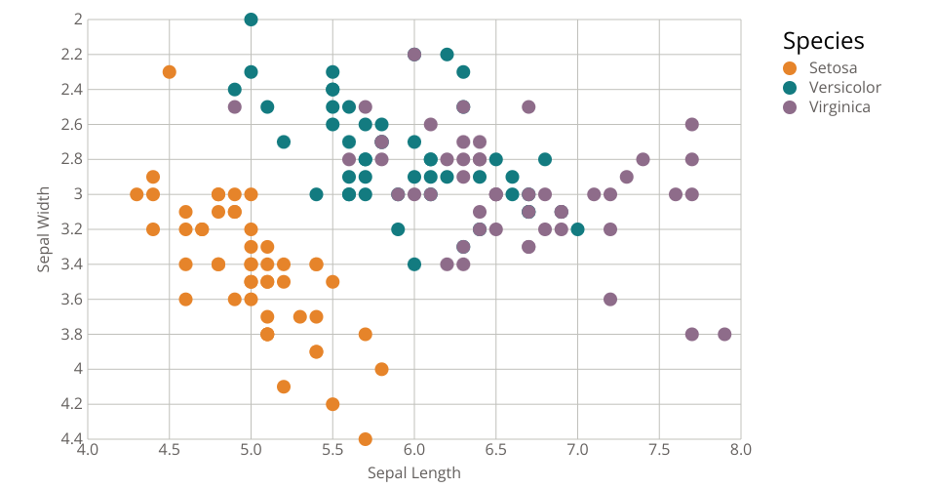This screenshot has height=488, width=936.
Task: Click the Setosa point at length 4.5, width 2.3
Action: [170, 71]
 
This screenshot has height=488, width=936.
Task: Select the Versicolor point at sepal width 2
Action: [251, 20]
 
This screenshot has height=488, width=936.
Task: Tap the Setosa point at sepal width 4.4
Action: [366, 439]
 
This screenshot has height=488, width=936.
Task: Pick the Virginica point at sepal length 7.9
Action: [724, 334]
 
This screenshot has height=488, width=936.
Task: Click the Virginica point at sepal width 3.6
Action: [610, 299]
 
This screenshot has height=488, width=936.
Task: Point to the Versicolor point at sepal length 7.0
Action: [577, 229]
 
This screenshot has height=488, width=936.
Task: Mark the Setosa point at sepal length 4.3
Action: [136, 194]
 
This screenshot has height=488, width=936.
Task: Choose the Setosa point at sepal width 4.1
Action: [284, 386]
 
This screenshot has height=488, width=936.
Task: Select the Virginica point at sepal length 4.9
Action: [235, 106]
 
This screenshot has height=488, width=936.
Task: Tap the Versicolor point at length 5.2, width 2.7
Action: [284, 142]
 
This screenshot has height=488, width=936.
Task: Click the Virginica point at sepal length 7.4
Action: [643, 159]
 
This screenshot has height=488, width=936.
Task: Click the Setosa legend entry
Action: [833, 67]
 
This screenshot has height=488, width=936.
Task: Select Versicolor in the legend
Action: [844, 87]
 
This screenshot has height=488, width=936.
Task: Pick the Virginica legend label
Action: [839, 106]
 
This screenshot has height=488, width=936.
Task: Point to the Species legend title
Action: [824, 41]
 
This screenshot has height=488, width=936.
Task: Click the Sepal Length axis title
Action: [413, 473]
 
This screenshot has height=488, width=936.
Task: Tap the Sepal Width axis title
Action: [44, 228]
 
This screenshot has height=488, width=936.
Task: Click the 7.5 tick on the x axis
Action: [659, 450]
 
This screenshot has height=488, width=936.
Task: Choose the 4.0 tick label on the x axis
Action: [88, 450]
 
